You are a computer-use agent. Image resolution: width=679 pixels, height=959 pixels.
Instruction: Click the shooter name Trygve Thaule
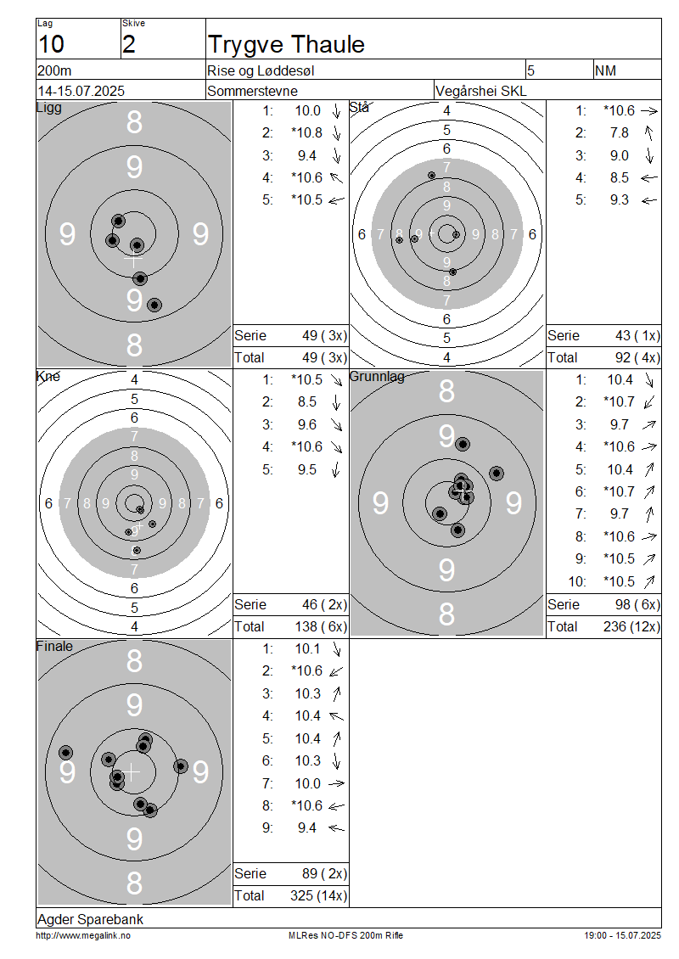coord(286,45)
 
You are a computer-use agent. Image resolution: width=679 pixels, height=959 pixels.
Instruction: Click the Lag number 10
coord(51,45)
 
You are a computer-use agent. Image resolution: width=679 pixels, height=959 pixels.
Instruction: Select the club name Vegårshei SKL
coord(480,91)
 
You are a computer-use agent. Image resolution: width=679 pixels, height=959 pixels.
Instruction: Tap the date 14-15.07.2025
coord(81,91)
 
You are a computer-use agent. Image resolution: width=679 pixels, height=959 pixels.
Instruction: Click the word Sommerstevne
coord(253,91)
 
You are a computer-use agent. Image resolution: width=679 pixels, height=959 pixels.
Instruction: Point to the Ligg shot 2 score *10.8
coord(306,132)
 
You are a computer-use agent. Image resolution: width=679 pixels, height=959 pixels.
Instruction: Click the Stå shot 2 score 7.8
coord(619,132)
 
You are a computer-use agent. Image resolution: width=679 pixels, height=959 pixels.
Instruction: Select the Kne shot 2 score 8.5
coord(307,401)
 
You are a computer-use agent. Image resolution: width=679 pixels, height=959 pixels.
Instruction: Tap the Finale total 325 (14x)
coord(318,896)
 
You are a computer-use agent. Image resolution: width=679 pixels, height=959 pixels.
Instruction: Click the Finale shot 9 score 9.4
coord(307,828)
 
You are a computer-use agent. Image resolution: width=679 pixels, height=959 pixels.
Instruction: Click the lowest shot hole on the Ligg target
coord(154,306)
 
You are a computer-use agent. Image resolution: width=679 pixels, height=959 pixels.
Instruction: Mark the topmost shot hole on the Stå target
coord(432,176)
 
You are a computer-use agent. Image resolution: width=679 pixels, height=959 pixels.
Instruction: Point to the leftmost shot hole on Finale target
coord(66,753)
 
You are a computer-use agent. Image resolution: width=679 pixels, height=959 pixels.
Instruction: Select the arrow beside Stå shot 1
coord(649,111)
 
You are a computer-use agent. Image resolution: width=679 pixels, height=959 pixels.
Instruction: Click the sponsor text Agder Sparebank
coord(91,919)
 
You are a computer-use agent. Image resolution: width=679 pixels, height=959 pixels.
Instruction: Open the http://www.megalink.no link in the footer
coord(83,936)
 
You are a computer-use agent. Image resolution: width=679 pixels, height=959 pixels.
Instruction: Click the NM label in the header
coord(606,71)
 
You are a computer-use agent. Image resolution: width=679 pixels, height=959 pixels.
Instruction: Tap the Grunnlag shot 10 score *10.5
coord(619,581)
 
